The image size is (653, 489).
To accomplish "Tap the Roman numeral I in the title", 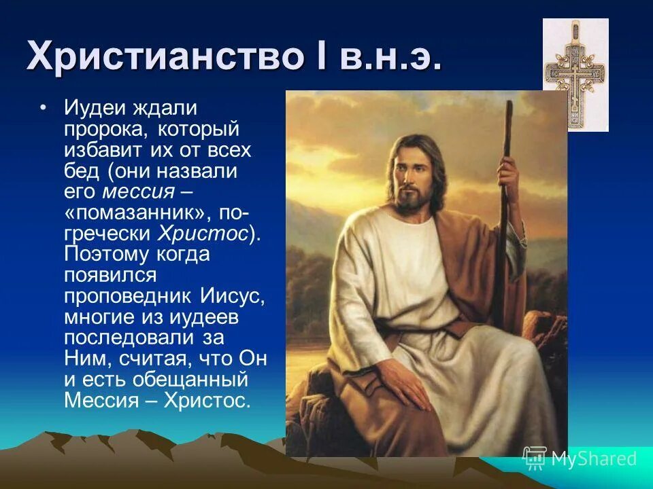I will click(316, 55).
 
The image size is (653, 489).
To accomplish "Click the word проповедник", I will click(130, 297).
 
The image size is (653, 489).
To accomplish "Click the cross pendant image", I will click(575, 74).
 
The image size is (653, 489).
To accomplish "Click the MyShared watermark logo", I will click(580, 458).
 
